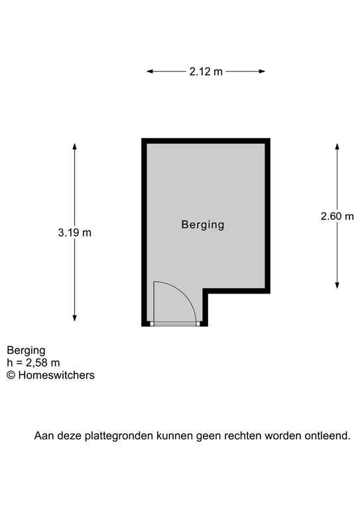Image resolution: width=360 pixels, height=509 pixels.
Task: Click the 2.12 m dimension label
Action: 206,72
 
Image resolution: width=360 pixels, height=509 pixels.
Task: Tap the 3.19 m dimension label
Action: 74,233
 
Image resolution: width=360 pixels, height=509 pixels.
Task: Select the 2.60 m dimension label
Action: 337,216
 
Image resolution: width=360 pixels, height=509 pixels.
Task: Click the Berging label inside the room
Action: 203,225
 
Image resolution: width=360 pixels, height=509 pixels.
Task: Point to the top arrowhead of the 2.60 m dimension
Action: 337,145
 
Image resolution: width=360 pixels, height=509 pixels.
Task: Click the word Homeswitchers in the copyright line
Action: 56,375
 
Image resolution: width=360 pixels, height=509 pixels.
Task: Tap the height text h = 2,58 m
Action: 33,363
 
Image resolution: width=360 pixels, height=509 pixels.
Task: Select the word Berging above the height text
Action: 26,350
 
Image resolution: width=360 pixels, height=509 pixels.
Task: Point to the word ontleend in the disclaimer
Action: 328,436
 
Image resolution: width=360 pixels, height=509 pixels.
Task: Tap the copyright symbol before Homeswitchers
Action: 11,375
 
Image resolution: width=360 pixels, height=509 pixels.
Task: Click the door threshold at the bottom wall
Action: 174,324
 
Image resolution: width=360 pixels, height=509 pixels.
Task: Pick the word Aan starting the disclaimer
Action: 44,436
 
